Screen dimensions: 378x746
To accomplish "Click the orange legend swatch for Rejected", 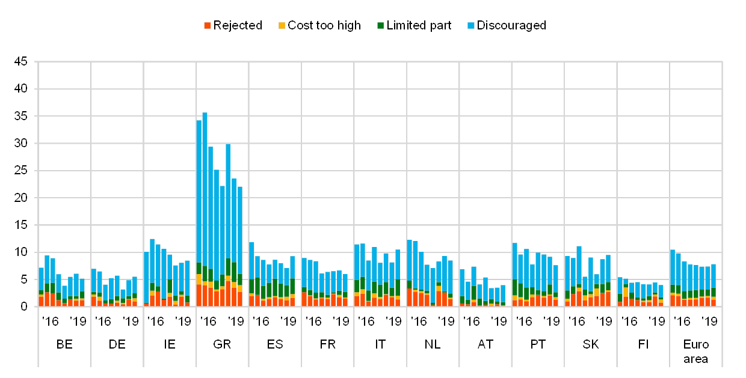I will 208,26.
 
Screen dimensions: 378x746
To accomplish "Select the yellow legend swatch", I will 282,26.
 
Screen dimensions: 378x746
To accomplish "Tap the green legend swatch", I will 380,26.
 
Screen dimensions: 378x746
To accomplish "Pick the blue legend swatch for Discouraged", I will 471,26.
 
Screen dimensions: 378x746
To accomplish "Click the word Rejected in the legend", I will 238,26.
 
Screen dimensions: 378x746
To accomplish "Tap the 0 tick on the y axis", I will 23,306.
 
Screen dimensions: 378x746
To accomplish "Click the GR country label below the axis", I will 222,344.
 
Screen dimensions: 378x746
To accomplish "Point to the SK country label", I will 591,344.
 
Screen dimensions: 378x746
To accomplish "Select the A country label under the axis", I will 481,344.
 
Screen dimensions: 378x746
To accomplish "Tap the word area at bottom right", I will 696,359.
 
